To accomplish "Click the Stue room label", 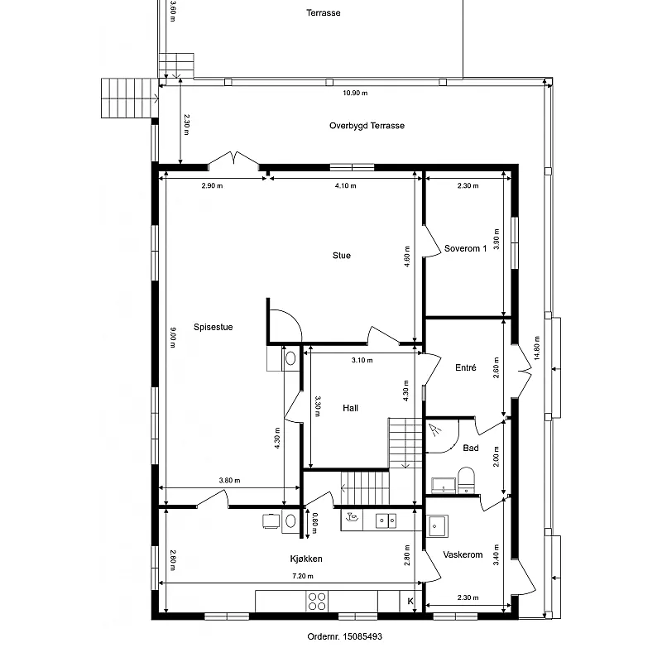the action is [x=342, y=256].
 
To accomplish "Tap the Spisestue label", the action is [x=213, y=327].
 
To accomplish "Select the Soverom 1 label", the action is [x=465, y=249].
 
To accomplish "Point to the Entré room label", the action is [x=466, y=367].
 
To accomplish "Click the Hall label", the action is [x=350, y=408].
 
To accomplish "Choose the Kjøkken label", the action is [x=306, y=559].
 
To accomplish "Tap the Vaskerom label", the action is [x=463, y=554].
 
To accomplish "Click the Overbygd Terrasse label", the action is [x=367, y=126].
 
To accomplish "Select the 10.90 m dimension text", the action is [x=355, y=93].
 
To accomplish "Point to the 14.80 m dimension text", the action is [x=537, y=348].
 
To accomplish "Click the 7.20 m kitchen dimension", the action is [x=303, y=576].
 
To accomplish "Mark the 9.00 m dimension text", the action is [x=173, y=338].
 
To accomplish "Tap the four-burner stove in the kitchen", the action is [x=317, y=602].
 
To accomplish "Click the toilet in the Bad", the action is [x=466, y=481].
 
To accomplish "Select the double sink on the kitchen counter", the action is [x=386, y=520].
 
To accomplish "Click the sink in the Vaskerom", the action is [x=437, y=526].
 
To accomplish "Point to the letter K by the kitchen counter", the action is [x=410, y=602].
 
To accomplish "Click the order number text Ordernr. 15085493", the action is [x=344, y=636].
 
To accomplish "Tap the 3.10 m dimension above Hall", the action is [x=362, y=360].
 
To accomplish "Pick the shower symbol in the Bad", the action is [x=435, y=429].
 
